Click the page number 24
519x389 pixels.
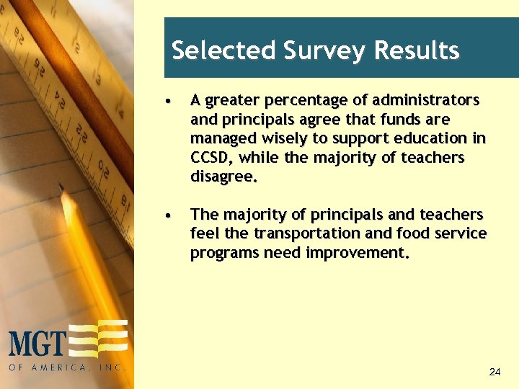[x=494, y=372]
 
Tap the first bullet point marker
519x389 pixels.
[x=167, y=100]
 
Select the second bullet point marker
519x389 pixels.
[x=167, y=215]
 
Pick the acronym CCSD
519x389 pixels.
[x=211, y=158]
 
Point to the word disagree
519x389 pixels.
[x=223, y=176]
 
